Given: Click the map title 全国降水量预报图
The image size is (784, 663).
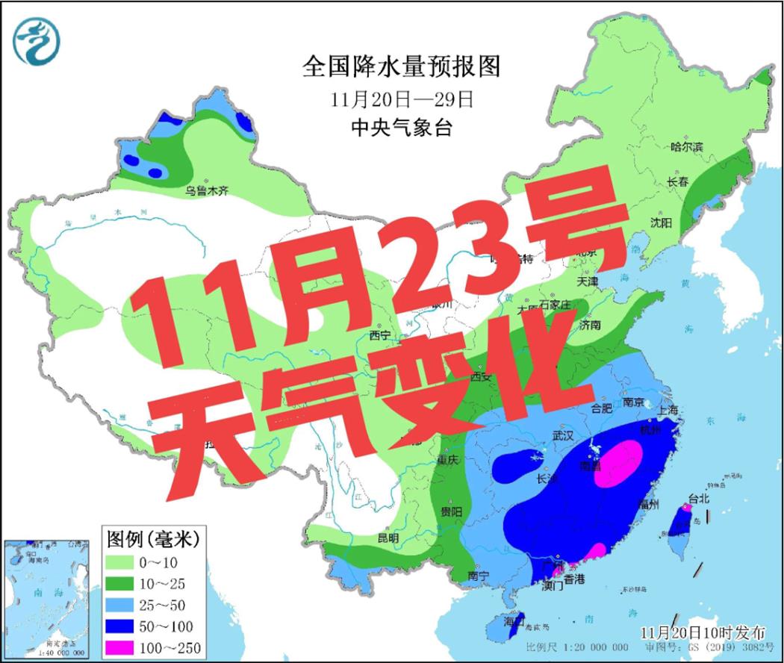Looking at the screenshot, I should click(401, 68).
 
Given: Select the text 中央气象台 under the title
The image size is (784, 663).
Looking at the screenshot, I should click(401, 127).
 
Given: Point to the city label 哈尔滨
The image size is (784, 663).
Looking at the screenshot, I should click(687, 147).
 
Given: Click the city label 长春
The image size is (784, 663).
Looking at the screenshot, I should click(677, 181).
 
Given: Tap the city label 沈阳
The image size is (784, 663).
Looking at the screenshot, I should click(661, 222).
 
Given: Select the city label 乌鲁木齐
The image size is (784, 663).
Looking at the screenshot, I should click(207, 191).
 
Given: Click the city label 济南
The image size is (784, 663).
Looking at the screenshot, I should click(590, 325).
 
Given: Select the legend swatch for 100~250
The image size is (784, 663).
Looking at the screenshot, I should click(128, 647).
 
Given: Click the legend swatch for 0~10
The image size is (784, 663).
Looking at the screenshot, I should click(128, 561).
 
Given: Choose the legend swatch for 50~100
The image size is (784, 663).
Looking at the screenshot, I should click(128, 626).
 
